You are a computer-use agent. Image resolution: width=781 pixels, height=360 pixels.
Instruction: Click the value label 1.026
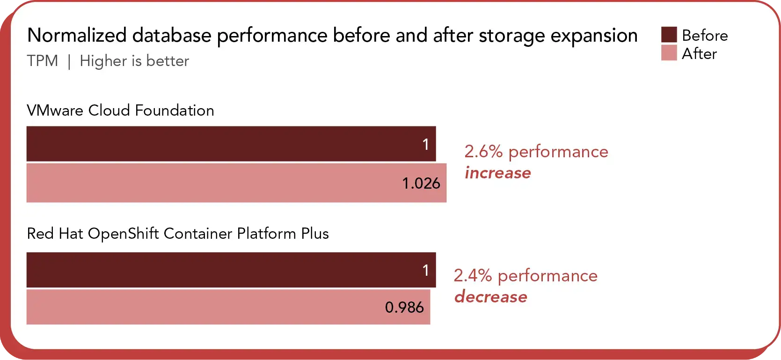click(421, 183)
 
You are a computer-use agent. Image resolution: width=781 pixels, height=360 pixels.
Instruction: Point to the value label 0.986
click(404, 307)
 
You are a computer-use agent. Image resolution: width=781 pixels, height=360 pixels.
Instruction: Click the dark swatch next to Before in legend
click(669, 35)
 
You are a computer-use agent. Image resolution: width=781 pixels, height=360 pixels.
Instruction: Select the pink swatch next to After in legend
click(669, 53)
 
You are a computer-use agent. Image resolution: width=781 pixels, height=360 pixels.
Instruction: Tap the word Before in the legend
click(705, 36)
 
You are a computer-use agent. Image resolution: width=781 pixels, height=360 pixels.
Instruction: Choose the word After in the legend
click(699, 54)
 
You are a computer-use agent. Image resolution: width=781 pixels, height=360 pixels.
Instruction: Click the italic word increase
click(497, 173)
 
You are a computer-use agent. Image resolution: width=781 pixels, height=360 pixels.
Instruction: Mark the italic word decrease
click(490, 297)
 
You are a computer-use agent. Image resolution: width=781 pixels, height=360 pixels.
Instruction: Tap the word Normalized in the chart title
click(77, 36)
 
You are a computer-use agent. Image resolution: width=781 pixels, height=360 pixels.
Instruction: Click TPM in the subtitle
click(43, 61)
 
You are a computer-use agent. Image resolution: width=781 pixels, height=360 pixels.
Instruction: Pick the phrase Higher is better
click(134, 61)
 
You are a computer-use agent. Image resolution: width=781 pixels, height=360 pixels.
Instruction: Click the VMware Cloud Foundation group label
click(120, 110)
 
